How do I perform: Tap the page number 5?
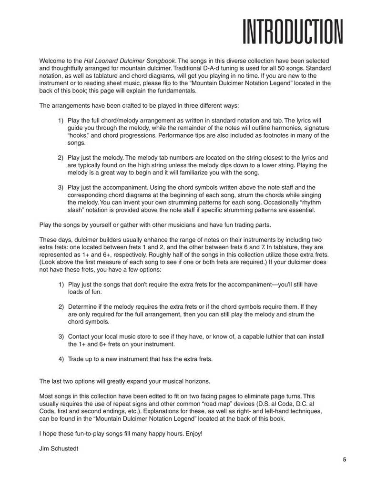click(344, 459)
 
